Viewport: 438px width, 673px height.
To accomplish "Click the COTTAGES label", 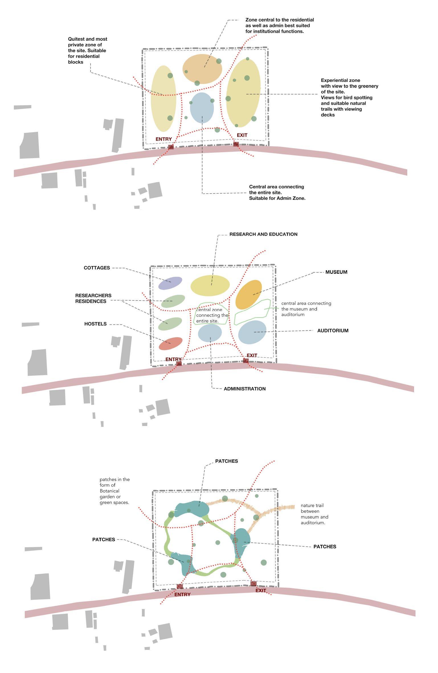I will coord(97,268).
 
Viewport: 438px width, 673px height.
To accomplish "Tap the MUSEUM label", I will coord(336,272).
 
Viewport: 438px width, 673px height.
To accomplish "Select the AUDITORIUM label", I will coord(333,331).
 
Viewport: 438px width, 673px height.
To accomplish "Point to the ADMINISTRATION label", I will coord(244,389).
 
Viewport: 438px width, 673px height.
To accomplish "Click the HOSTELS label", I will coord(95,324).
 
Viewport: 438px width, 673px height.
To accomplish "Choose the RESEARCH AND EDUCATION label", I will coord(263,234).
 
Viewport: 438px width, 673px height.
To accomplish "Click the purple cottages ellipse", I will coord(170,283).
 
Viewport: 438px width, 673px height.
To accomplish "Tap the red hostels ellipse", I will coord(170,343).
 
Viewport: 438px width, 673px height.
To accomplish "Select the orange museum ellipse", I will coord(248,294).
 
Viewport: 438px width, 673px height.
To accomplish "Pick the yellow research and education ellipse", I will coord(210,285).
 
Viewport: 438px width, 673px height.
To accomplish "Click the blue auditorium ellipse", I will coord(252,332).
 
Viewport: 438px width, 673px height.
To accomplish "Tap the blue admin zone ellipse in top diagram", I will coord(202,108).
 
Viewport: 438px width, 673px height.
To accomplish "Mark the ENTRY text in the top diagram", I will coord(163,139).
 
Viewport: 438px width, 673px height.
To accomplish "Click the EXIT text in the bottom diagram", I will coord(260,590).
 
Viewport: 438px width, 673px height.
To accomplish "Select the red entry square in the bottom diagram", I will coord(179,586).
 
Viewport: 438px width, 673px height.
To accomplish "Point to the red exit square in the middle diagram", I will coord(245,361).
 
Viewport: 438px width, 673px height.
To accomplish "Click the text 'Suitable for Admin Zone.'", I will coord(277,198).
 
